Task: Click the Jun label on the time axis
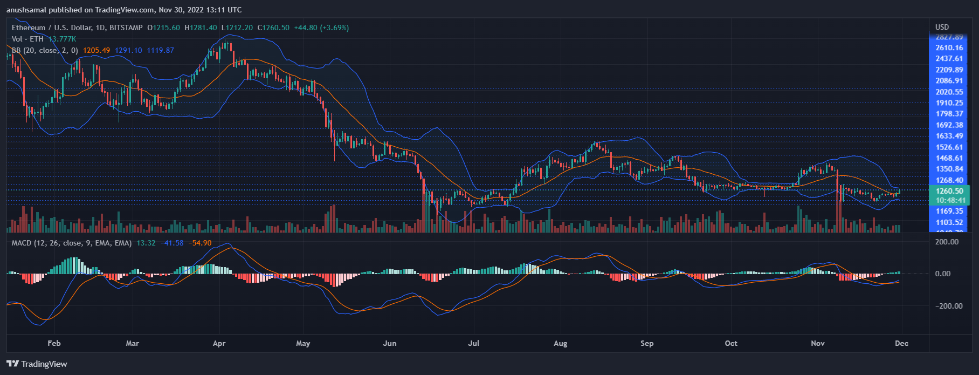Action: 389,343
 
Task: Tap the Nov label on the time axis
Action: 818,343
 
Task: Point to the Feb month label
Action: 54,343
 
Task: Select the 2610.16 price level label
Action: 949,48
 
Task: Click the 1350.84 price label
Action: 949,169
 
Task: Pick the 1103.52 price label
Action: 949,222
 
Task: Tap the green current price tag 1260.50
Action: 949,191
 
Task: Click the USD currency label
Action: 942,27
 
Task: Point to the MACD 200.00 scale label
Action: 947,242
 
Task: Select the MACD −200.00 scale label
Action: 948,306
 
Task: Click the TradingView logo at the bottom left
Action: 37,364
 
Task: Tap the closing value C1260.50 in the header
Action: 273,28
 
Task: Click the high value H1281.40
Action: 201,28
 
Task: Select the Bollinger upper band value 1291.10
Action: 128,50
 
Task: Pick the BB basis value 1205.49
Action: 96,50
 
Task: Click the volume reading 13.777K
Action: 62,39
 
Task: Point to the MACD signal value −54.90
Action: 199,243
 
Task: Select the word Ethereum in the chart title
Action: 29,28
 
